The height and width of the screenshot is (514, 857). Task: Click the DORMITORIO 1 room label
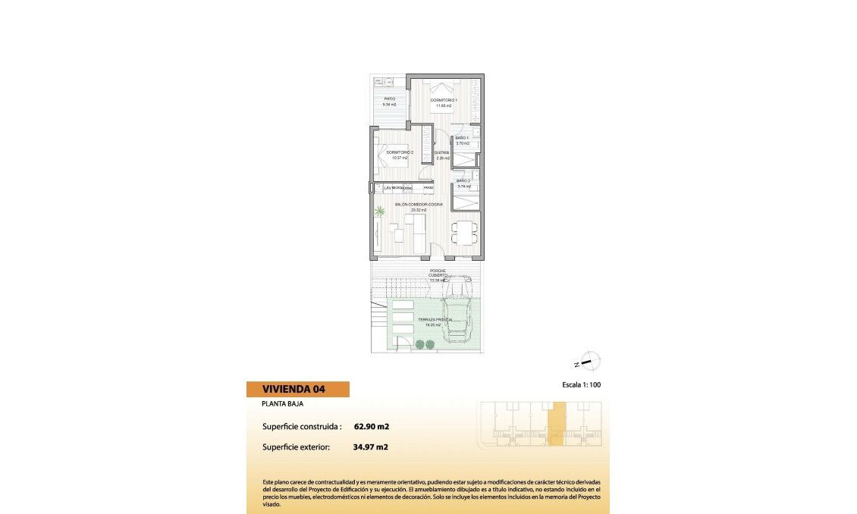pos(444,100)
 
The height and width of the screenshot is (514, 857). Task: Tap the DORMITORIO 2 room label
pos(399,152)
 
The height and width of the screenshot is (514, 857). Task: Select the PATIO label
pos(389,99)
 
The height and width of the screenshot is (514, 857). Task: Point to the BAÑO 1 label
pos(463,138)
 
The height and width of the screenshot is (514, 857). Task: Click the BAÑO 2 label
pos(463,180)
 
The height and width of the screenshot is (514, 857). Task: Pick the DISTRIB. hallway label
pos(442,153)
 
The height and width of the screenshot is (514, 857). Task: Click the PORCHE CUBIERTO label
pos(438,273)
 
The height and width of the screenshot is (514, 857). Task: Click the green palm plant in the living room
pos(379,212)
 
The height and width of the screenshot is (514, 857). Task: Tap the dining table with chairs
pos(464,232)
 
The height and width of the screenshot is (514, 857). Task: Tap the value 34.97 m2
pos(371,447)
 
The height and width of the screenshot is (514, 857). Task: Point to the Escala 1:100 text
pos(582,385)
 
